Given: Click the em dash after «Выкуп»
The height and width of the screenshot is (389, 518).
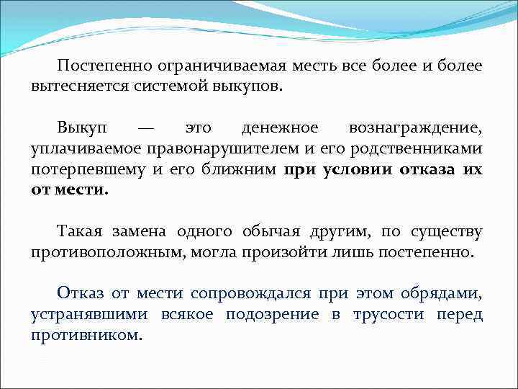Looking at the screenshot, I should (145, 128).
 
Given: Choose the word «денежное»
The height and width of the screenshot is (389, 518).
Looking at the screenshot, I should (280, 128).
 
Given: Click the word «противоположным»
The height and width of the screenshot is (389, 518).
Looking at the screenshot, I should (101, 253).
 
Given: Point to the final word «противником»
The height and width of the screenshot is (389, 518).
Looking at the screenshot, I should (86, 336).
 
